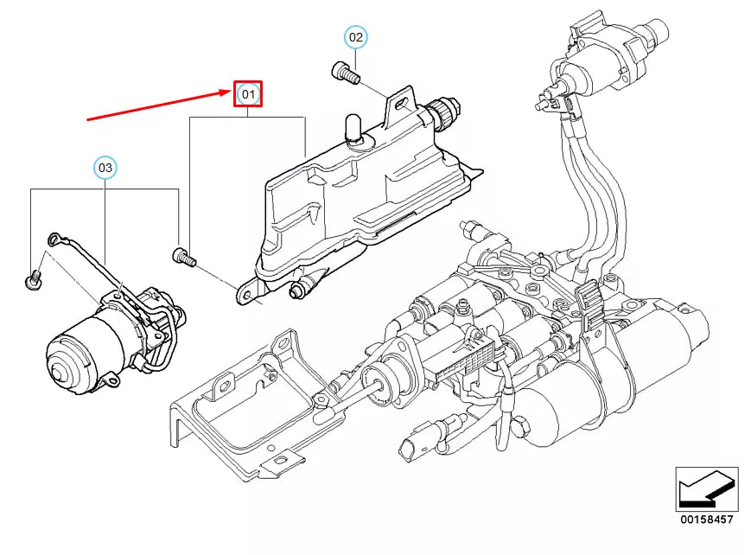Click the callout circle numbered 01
point(248,94)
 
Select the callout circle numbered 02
point(356,37)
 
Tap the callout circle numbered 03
point(105,168)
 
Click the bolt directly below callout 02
point(346,73)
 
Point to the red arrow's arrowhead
point(226,92)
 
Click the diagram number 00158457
point(706,520)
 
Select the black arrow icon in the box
point(706,488)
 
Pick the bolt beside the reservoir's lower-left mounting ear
point(184,257)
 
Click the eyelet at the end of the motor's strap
point(54,239)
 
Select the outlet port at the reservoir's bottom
point(301,289)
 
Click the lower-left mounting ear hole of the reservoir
point(247,297)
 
